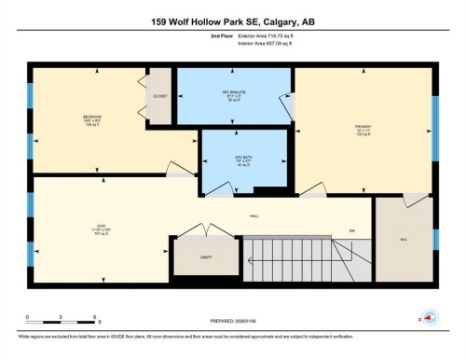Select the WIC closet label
coord(404,240)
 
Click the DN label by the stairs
coord(351,230)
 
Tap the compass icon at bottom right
coord(429,317)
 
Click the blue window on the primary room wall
coord(434,117)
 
